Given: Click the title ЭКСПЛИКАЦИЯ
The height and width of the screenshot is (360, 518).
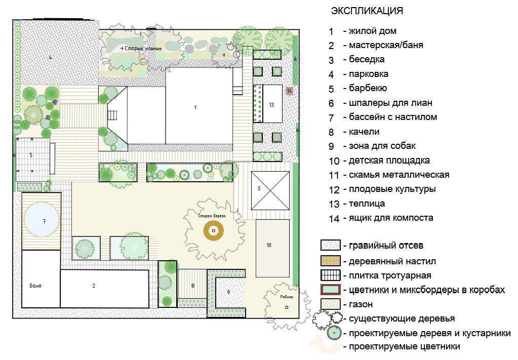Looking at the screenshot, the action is pyautogui.click(x=367, y=11).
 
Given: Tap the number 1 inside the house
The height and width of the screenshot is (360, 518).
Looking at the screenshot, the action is pyautogui.click(x=195, y=107).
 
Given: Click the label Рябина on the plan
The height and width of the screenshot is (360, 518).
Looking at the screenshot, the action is pyautogui.click(x=287, y=298).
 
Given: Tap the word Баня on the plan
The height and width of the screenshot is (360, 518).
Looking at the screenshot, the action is pyautogui.click(x=35, y=286).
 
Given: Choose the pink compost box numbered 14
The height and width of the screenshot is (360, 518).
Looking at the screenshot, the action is pyautogui.click(x=289, y=91).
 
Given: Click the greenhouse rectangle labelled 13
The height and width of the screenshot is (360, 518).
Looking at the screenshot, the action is pyautogui.click(x=272, y=104).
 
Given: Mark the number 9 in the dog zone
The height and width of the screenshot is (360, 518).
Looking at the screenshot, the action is pyautogui.click(x=228, y=292).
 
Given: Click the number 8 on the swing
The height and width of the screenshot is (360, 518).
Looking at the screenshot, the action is pyautogui.click(x=192, y=286).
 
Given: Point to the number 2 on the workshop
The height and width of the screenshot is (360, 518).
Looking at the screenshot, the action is pyautogui.click(x=94, y=286).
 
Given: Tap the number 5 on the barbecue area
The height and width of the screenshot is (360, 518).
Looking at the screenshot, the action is pyautogui.click(x=30, y=155).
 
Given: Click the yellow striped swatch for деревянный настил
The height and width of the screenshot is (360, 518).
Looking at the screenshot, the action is pyautogui.click(x=330, y=261).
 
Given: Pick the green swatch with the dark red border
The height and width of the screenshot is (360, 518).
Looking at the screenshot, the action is pyautogui.click(x=330, y=290).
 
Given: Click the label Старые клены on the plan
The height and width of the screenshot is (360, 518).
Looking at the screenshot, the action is pyautogui.click(x=142, y=48).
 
